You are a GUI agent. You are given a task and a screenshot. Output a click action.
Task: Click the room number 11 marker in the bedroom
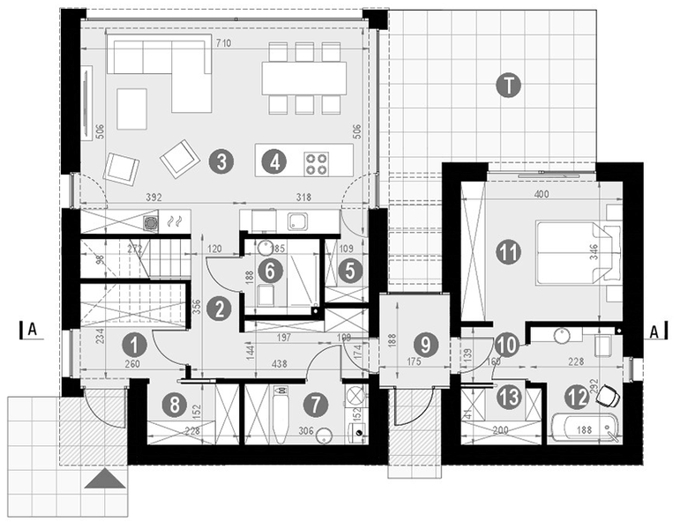(x=507, y=252)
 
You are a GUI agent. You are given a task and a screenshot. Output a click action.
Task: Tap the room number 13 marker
(x=509, y=397)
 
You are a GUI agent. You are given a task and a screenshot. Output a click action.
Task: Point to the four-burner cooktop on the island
(x=317, y=162)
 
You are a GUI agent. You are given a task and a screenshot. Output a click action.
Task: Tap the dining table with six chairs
(x=303, y=79)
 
